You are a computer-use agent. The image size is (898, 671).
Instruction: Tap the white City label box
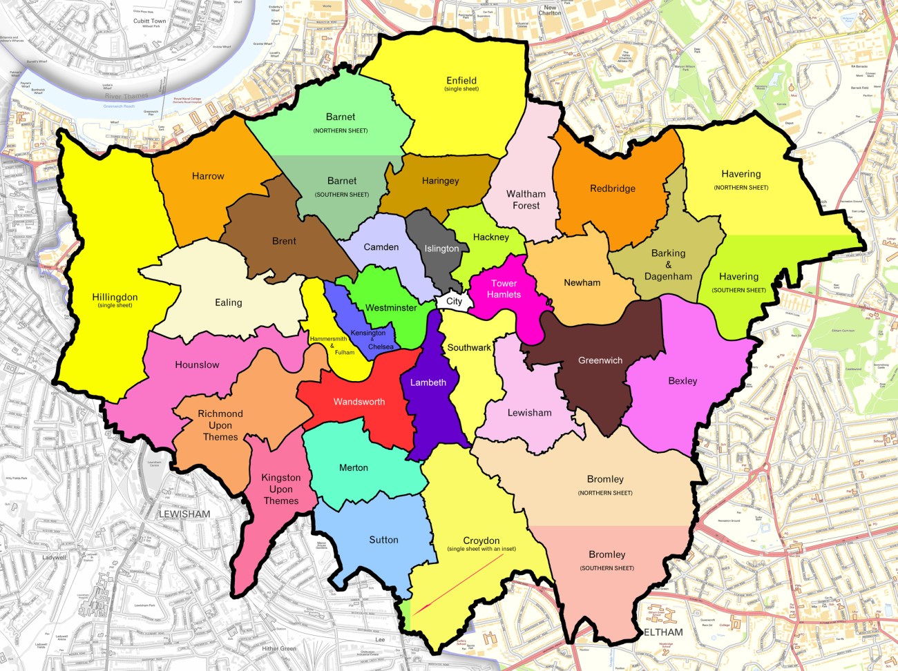click(454, 301)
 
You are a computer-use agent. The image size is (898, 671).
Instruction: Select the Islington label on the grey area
click(441, 249)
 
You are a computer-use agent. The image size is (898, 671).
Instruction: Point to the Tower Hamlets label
click(504, 289)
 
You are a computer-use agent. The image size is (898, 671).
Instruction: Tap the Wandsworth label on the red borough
click(359, 402)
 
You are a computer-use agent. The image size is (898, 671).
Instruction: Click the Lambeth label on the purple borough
click(428, 382)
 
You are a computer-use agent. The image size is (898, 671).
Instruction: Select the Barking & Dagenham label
click(668, 264)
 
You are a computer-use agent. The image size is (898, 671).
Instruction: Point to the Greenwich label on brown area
click(600, 360)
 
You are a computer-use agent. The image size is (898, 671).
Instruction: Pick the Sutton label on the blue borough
click(383, 540)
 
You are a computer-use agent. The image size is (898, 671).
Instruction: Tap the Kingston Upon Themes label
click(281, 489)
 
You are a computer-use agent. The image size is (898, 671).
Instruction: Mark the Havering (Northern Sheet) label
click(741, 179)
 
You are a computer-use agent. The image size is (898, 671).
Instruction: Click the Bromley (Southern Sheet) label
click(606, 560)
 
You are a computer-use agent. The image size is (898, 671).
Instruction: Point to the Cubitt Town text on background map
click(150, 21)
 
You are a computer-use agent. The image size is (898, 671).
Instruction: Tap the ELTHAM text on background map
click(664, 632)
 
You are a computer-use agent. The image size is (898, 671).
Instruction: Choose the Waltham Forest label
click(526, 200)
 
